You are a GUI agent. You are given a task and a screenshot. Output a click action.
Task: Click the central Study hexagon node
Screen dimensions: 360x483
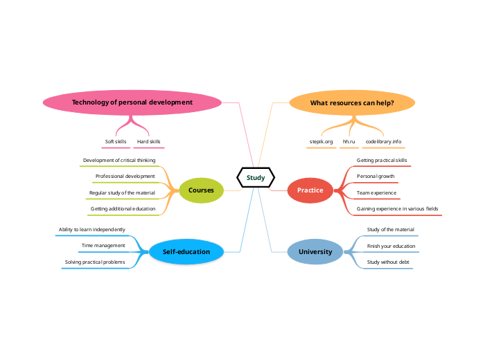[x=256, y=178]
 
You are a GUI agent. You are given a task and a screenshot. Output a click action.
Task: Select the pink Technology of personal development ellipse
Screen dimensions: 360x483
[x=132, y=102]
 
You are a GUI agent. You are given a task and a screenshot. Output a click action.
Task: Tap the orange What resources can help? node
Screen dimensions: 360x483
[x=352, y=103]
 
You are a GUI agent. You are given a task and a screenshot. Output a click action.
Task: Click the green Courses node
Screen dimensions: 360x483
[x=201, y=190]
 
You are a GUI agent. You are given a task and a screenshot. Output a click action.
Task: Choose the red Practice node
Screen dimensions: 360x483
[x=310, y=190]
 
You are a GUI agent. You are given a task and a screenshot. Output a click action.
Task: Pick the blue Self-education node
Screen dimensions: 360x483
[x=186, y=252]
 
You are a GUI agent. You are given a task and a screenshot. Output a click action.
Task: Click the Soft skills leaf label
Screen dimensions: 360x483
[x=116, y=141]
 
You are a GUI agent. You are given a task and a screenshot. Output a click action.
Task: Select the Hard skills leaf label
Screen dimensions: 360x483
[x=148, y=141]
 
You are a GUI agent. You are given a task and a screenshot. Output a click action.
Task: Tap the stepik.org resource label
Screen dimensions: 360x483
[x=321, y=141]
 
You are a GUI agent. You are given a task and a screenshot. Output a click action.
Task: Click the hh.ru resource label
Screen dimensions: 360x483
[x=349, y=141]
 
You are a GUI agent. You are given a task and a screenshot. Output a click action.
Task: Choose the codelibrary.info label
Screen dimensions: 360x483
[x=383, y=141]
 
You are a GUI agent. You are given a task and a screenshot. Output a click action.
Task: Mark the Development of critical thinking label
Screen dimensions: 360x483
[x=119, y=160]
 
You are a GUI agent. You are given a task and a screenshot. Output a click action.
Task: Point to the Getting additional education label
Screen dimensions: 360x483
[x=123, y=208]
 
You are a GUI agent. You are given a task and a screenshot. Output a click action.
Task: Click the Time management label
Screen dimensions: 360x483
[x=103, y=245]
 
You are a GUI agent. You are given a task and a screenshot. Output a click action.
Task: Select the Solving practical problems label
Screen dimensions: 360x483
[x=95, y=262]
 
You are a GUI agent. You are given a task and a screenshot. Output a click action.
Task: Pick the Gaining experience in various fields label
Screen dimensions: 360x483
[x=397, y=208]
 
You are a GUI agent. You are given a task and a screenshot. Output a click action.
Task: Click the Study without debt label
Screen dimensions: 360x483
[x=388, y=262]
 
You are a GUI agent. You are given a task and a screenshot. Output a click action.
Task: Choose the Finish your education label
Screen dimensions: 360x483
[x=391, y=246]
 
